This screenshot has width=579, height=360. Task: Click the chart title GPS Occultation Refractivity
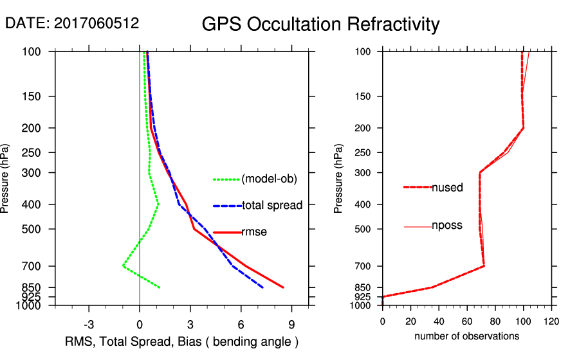point(320,24)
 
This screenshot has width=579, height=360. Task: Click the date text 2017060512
point(96,24)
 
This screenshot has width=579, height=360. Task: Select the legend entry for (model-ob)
point(269,179)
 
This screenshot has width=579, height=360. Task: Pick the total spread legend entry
point(272,206)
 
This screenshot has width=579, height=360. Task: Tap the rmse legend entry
point(254,232)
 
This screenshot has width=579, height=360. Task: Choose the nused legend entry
point(447,187)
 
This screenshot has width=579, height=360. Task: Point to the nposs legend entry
point(447,226)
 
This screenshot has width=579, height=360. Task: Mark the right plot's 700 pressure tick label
point(365,266)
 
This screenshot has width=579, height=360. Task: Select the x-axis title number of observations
point(466,336)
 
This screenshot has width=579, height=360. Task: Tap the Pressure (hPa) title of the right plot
point(339,179)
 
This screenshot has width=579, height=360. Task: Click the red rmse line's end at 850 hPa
point(283,287)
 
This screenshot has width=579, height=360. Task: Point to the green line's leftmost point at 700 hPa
point(123,265)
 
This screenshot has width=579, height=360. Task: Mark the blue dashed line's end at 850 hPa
point(262,287)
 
